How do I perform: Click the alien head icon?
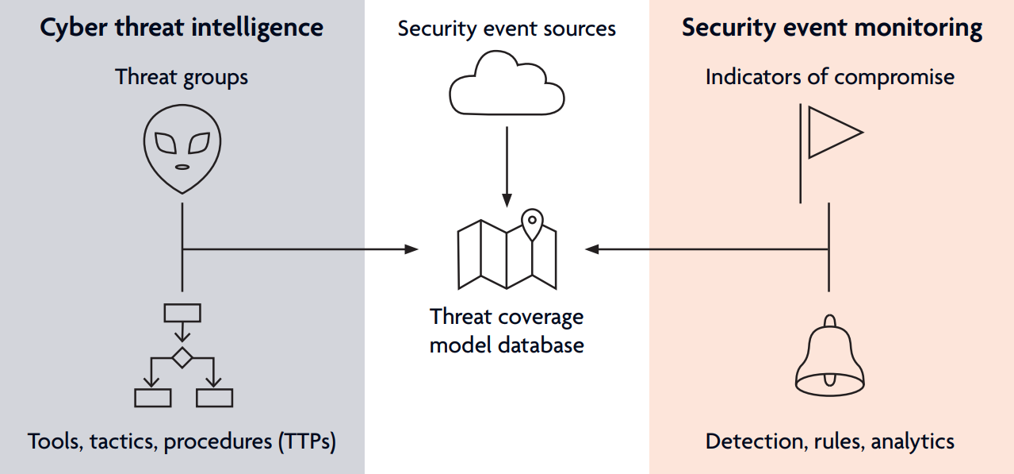[x=182, y=149]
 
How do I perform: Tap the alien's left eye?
[x=166, y=143]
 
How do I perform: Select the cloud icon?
[x=507, y=83]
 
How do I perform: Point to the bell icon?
[x=830, y=356]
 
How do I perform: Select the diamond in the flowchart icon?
[x=182, y=357]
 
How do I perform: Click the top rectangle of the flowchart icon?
[x=182, y=313]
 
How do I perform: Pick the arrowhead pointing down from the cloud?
[x=507, y=200]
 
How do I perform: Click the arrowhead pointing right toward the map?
[x=411, y=249]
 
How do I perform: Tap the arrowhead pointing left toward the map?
[x=592, y=249]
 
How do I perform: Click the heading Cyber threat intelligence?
[x=182, y=28]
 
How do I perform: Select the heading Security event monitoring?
[x=832, y=28]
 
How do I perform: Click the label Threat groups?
[x=182, y=77]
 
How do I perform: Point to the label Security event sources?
[x=507, y=29]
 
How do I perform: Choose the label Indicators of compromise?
[x=830, y=77]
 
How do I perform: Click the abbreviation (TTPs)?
[x=307, y=441]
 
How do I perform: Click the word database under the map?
[x=541, y=345]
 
